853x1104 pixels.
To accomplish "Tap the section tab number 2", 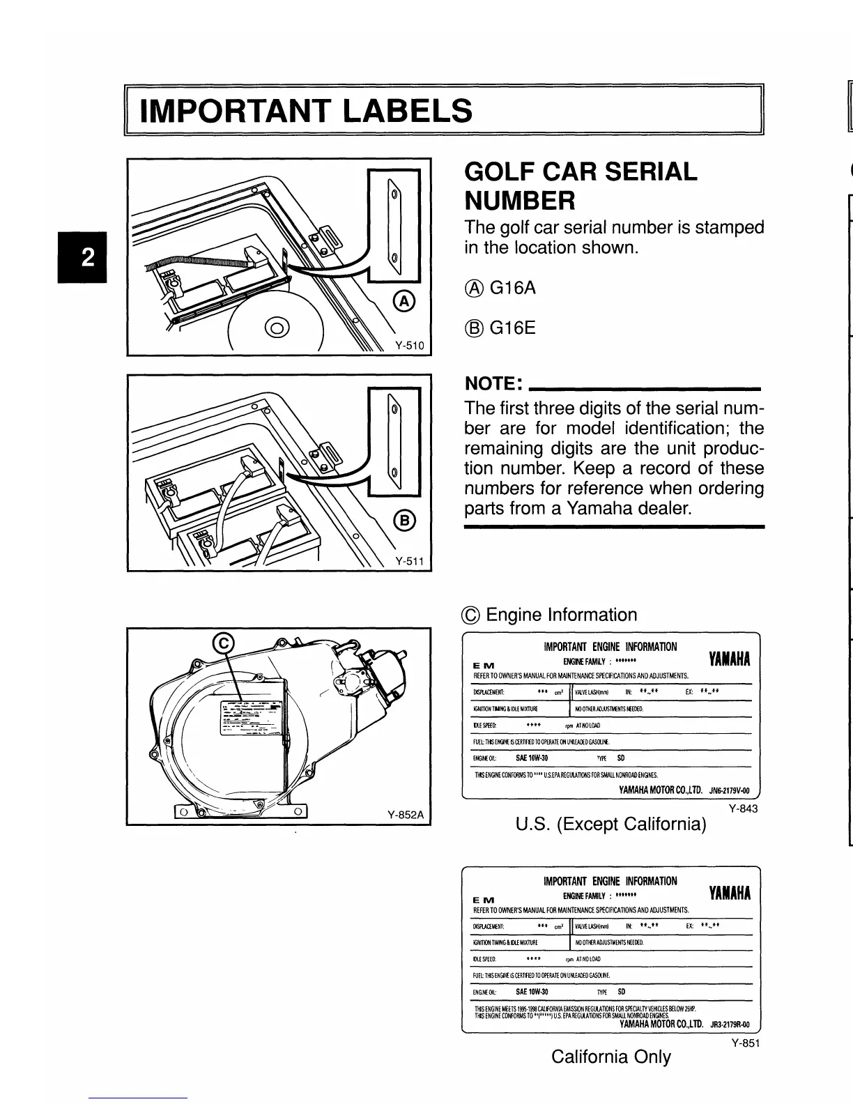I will pos(87,257).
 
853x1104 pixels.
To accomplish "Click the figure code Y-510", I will pos(412,345).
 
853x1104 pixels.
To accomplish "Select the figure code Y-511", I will pos(412,560).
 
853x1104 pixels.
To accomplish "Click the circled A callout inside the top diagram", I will pos(404,301).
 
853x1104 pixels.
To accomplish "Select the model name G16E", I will pos(513,328).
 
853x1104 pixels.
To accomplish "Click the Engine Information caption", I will pos(561,615).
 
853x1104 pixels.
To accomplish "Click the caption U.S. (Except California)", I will pos(610,825).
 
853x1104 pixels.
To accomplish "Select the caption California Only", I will pos(610,1057).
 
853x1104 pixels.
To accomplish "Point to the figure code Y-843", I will pos(743,808).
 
